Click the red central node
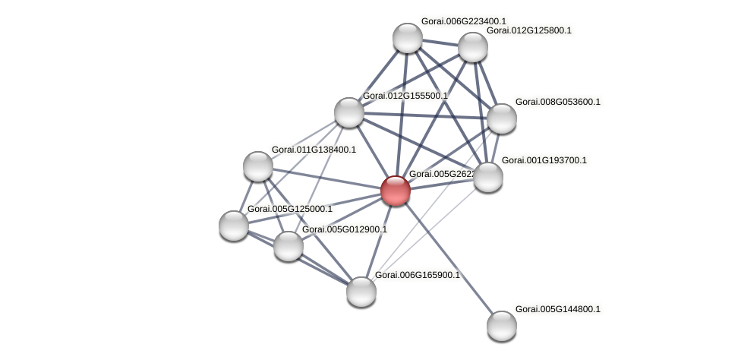pyautogui.click(x=395, y=190)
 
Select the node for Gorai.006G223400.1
pyautogui.click(x=407, y=38)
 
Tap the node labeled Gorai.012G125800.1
pyautogui.click(x=472, y=47)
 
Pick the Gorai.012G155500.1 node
pyautogui.click(x=349, y=112)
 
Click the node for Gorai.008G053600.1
pyautogui.click(x=501, y=118)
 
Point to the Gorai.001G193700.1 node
pyautogui.click(x=487, y=177)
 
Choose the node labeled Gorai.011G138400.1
pyautogui.click(x=258, y=166)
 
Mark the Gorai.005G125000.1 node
pyautogui.click(x=234, y=225)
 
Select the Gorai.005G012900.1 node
pyautogui.click(x=288, y=245)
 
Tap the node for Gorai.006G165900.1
pyautogui.click(x=361, y=291)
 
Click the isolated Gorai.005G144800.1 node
pyautogui.click(x=501, y=326)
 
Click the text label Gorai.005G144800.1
pyautogui.click(x=557, y=309)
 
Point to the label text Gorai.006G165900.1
pyautogui.click(x=418, y=275)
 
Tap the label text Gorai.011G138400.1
pyautogui.click(x=314, y=150)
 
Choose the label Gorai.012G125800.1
pyautogui.click(x=528, y=30)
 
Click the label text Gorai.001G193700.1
pyautogui.click(x=544, y=160)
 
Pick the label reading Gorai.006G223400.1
pyautogui.click(x=463, y=21)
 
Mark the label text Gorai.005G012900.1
pyautogui.click(x=344, y=229)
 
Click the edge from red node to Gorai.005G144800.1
pyautogui.click(x=448, y=258)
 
